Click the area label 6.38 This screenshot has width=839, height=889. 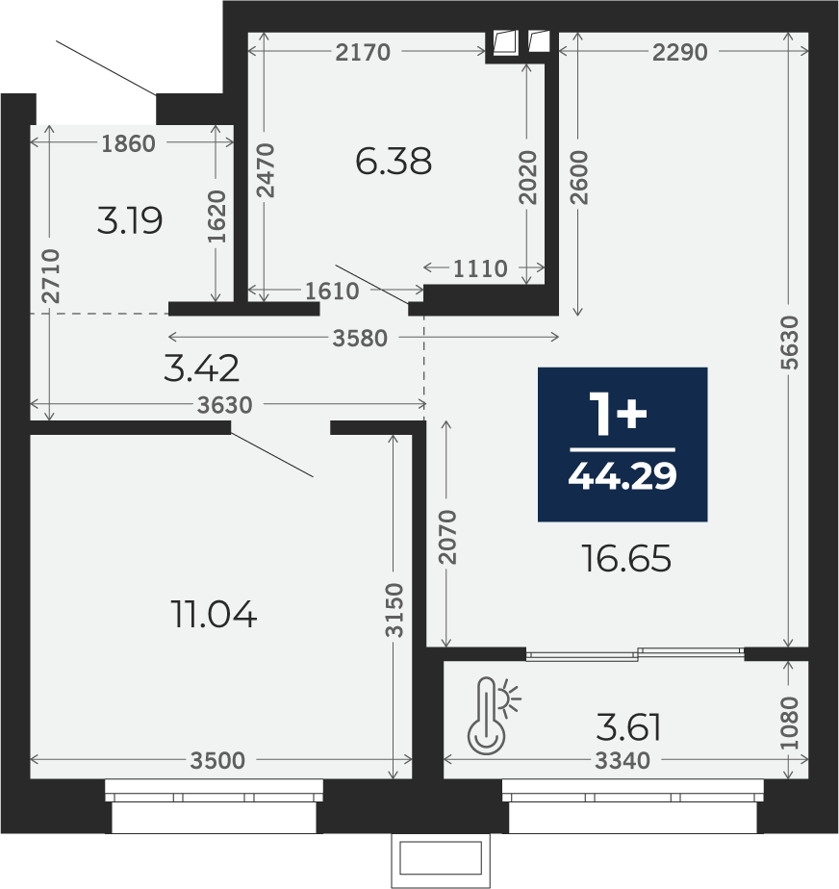(x=394, y=161)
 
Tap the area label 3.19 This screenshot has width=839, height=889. (x=130, y=220)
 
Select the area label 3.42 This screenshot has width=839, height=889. (x=201, y=368)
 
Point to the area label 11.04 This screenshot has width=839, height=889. (x=214, y=614)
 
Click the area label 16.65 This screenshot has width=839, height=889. (x=626, y=558)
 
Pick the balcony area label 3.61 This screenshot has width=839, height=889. (x=628, y=727)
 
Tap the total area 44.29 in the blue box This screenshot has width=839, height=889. (x=623, y=475)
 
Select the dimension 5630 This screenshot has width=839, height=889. (x=789, y=343)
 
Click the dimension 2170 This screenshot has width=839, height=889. (x=363, y=52)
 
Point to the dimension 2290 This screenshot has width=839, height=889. (x=679, y=52)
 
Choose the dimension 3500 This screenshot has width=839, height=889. (x=217, y=760)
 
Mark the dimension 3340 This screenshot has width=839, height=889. (x=622, y=760)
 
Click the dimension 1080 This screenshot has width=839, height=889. (x=789, y=723)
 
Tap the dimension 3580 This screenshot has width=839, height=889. (x=360, y=338)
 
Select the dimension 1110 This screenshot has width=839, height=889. (x=480, y=268)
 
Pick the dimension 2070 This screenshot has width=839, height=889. (x=447, y=537)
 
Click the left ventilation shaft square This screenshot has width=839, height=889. (x=505, y=42)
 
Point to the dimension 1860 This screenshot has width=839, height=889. (x=128, y=143)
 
